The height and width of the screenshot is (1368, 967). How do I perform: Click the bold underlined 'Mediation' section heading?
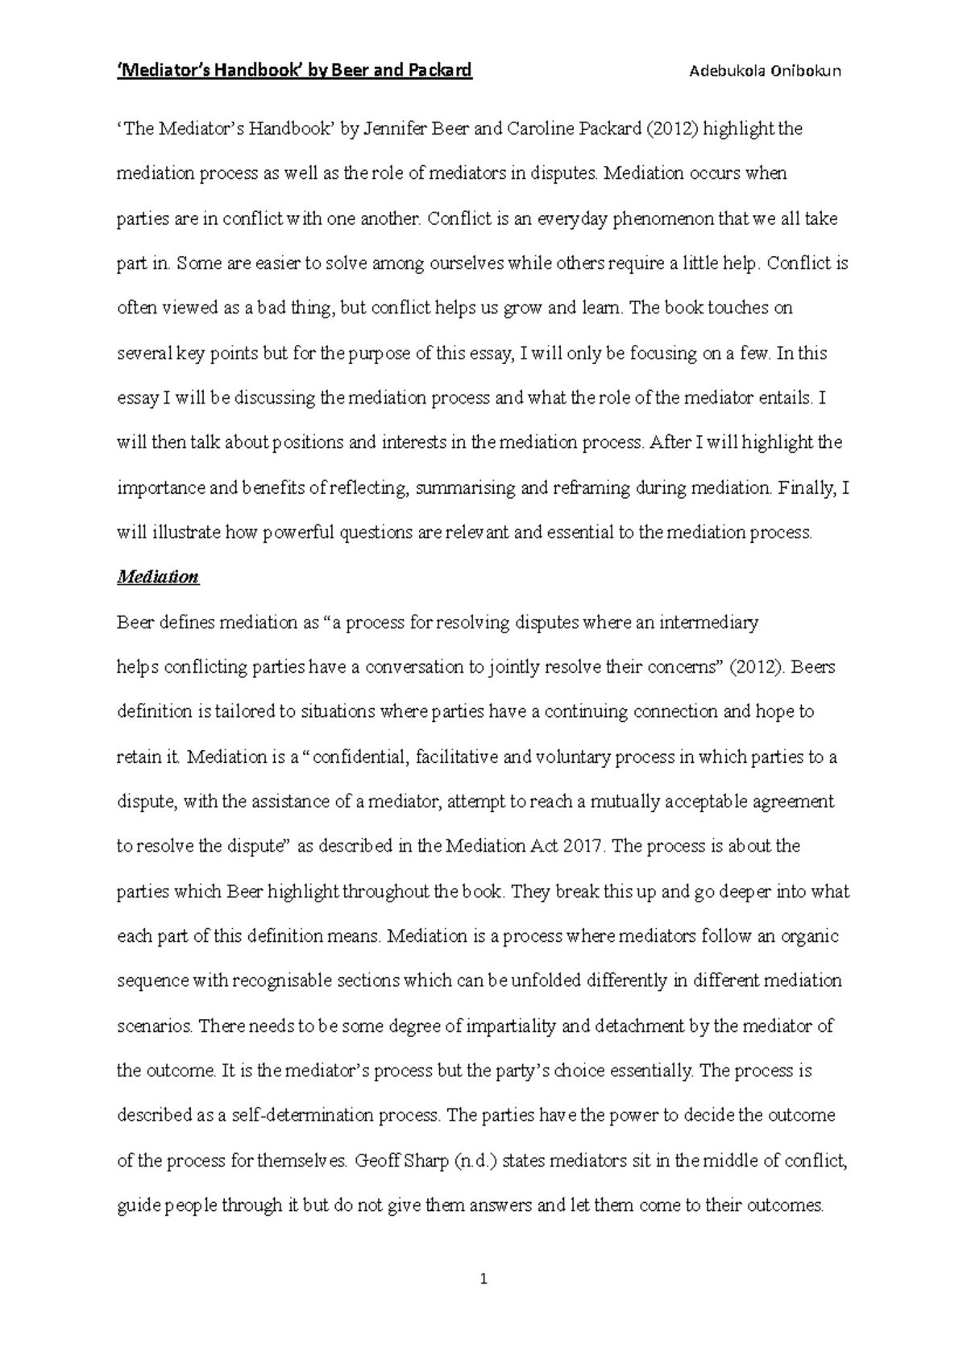click(158, 577)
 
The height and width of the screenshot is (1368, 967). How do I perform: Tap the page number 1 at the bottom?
click(483, 1279)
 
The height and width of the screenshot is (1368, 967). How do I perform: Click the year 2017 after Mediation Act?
click(587, 847)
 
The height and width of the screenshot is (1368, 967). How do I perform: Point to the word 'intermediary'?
click(709, 623)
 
